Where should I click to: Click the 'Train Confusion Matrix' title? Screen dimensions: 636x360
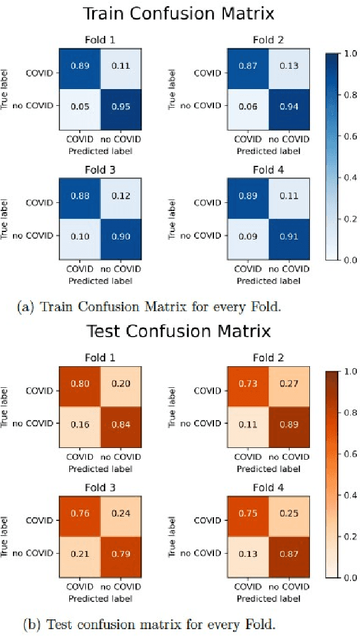179,13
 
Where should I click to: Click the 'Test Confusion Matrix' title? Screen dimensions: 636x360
179,331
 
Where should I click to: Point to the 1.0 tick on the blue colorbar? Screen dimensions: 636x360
349,54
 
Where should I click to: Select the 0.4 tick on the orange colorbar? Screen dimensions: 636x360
349,495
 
